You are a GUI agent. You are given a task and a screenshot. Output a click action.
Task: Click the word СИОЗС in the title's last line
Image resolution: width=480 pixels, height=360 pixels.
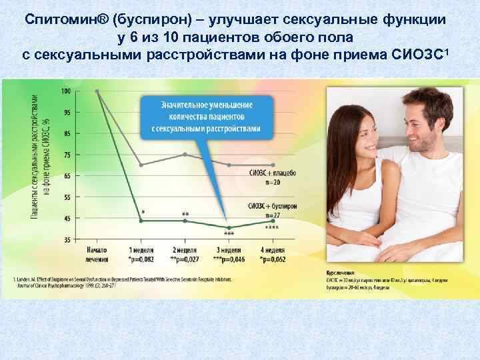click(x=410, y=54)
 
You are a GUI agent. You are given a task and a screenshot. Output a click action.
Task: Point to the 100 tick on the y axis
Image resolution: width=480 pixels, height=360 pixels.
click(x=66, y=91)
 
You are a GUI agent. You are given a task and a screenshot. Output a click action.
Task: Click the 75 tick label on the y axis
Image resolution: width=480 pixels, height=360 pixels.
click(x=67, y=155)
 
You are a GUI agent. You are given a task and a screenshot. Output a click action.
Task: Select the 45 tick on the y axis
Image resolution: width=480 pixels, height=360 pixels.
click(x=67, y=219)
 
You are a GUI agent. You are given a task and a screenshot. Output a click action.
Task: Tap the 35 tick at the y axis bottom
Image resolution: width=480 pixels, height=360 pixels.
click(x=67, y=239)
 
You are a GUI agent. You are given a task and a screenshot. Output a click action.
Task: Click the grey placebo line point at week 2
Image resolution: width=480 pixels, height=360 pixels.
click(x=185, y=154)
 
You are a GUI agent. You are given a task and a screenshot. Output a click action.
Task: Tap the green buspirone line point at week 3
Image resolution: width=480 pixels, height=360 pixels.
click(x=229, y=228)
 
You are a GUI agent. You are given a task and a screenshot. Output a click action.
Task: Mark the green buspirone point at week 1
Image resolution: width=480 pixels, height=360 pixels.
click(x=141, y=221)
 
